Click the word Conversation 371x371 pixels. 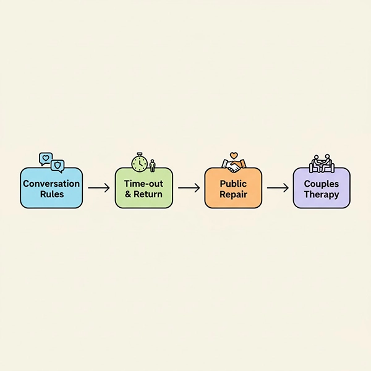[x=51, y=184]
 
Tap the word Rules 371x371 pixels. [x=51, y=194]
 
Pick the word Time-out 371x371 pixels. [x=143, y=184]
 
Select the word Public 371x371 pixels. [x=232, y=184]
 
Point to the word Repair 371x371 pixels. [x=232, y=194]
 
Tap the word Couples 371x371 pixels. [x=322, y=184]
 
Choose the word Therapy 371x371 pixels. [x=322, y=194]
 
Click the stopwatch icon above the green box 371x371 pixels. [x=139, y=163]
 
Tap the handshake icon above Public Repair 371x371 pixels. [x=234, y=164]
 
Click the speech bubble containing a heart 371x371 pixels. [x=45, y=159]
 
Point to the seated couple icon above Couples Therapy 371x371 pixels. [x=322, y=163]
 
